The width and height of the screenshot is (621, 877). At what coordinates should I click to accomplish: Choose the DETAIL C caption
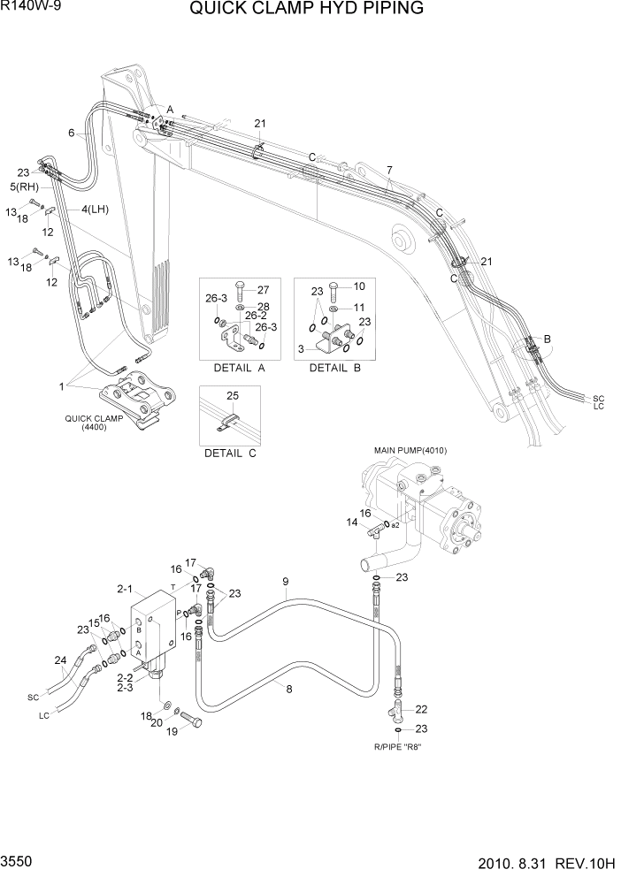click(229, 453)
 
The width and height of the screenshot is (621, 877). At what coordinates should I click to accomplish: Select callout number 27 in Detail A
click(264, 289)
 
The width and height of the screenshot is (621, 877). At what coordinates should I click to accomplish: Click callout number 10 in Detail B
click(359, 286)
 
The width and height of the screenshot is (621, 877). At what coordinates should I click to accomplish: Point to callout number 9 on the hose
click(286, 581)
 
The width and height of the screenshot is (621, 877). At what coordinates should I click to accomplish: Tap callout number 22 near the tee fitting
click(421, 709)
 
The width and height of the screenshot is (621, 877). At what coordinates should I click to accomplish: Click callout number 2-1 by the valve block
click(124, 588)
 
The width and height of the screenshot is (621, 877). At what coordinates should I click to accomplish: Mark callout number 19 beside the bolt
click(172, 731)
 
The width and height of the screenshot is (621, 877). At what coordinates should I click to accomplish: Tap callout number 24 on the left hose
click(60, 660)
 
